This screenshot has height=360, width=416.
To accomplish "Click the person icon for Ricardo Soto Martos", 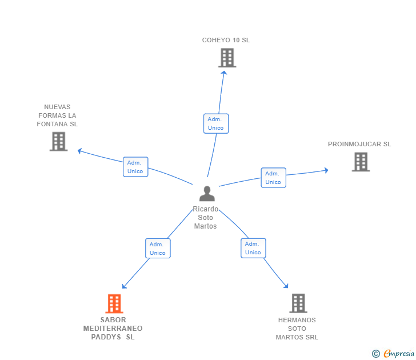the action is (207, 193).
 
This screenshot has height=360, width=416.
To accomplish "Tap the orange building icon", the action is (114, 303).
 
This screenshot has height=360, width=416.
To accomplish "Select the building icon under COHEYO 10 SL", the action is (227, 58).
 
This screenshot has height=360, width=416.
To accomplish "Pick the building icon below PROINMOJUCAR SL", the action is (361, 162).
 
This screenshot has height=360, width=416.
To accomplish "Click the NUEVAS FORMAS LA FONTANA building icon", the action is (59, 142).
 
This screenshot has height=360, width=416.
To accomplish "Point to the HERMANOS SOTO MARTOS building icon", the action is (298, 303).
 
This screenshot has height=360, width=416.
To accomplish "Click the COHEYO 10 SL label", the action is (226, 40).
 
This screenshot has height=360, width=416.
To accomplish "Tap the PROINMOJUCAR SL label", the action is (359, 144).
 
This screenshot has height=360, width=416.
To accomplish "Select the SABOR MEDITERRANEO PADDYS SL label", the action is (113, 329).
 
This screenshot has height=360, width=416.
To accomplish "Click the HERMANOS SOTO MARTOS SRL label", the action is (297, 329).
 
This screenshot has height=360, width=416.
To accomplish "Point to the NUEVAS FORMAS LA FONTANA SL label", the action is (57, 115).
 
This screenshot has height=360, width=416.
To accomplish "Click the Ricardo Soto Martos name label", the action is (205, 218).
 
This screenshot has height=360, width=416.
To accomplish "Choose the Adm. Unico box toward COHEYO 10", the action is (216, 123).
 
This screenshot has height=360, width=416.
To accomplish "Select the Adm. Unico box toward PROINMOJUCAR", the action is (274, 178).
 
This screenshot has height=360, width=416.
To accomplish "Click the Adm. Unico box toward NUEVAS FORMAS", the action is (135, 167).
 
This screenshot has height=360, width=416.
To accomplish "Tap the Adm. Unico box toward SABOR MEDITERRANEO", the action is (158, 249).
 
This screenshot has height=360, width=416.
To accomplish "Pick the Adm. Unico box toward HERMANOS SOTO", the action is (253, 248).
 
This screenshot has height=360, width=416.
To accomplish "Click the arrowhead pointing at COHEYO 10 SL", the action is (224, 73).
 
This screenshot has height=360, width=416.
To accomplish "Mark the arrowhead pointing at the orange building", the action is (124, 286).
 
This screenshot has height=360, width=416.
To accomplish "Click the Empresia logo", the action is (393, 353).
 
